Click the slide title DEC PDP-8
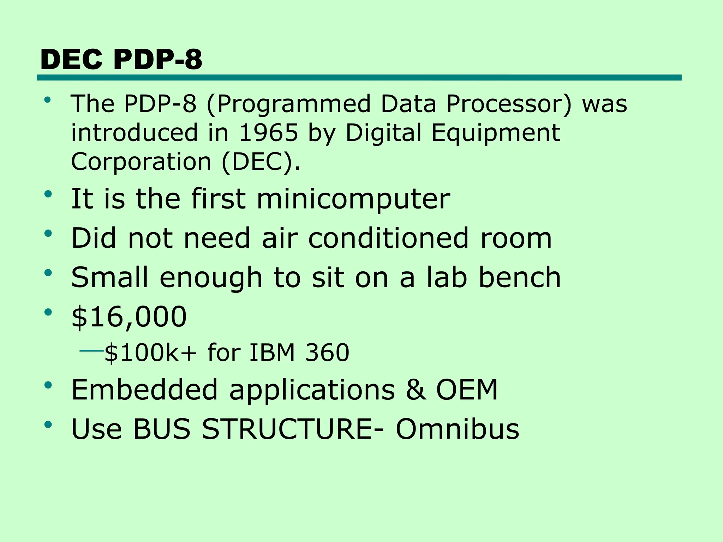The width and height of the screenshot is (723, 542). [x=121, y=59]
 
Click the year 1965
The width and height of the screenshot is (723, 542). [x=269, y=133]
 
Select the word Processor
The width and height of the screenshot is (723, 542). [x=508, y=104]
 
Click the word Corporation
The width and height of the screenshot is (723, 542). [x=141, y=162]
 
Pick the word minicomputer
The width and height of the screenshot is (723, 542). [x=353, y=199]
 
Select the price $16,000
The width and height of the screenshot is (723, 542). [x=129, y=317]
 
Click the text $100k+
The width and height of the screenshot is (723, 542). [x=150, y=353]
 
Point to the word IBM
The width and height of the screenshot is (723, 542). [x=272, y=353]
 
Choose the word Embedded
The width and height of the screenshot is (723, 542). [x=144, y=390]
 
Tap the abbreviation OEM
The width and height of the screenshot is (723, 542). [x=467, y=390]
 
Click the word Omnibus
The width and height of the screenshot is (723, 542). [x=457, y=429]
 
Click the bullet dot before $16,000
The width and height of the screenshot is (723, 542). [x=48, y=312]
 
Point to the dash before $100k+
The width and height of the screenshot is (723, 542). [x=91, y=351]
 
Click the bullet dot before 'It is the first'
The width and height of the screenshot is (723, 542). [x=48, y=194]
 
